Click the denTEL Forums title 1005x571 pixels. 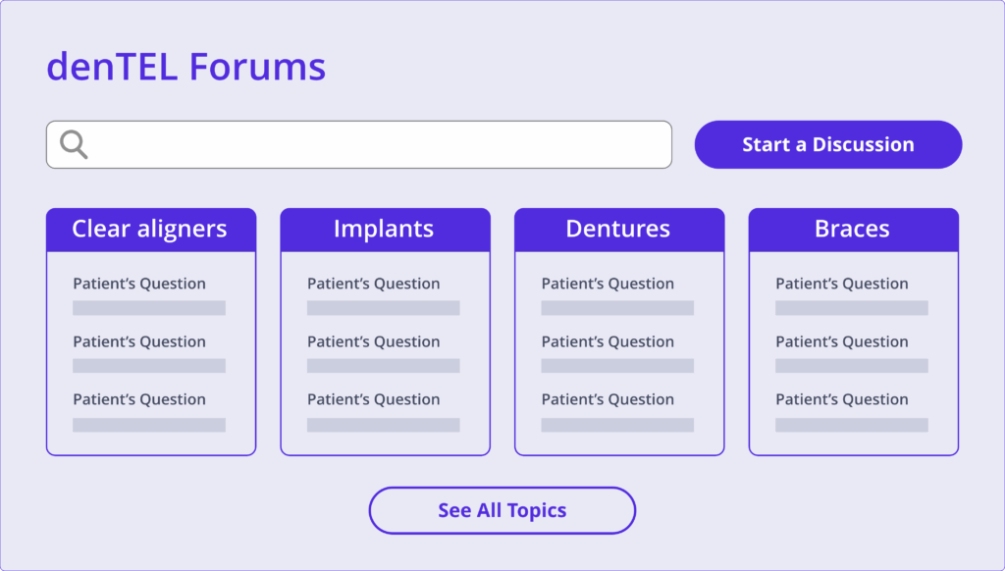[185, 67]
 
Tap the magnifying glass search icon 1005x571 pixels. [74, 144]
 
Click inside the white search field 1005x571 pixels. [359, 145]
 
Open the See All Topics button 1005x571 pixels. [502, 510]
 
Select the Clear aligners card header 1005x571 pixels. [151, 230]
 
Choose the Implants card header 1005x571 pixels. [385, 230]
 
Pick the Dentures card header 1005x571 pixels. [619, 230]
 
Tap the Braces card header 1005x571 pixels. [854, 230]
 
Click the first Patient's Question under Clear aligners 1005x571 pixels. [139, 284]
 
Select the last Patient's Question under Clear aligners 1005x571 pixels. [139, 399]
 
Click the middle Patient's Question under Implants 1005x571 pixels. [374, 341]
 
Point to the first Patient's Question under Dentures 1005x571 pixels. [608, 284]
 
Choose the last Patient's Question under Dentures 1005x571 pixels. [608, 399]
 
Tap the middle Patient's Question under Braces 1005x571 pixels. [842, 341]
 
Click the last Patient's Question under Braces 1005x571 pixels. [842, 399]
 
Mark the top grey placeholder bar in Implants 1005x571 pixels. [384, 308]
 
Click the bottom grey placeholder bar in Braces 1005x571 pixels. [852, 425]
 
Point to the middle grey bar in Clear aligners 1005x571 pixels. [149, 366]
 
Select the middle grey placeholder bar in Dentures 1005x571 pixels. [618, 366]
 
